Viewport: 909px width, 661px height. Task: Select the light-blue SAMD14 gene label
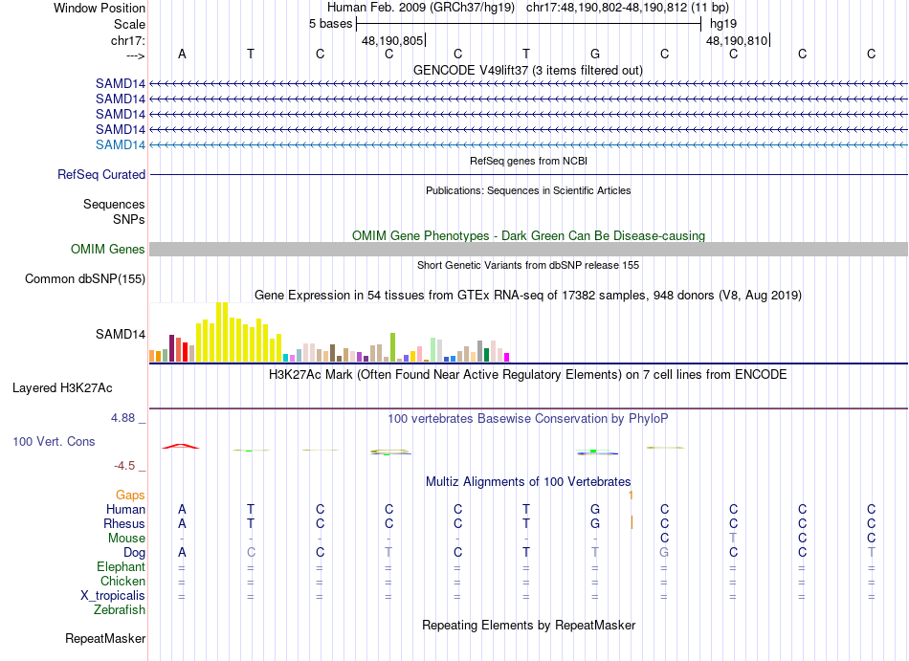click(x=121, y=144)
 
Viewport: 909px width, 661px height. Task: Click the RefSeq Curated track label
click(x=101, y=175)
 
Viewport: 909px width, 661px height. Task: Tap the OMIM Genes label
click(x=108, y=250)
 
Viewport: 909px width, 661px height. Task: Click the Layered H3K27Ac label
click(x=62, y=388)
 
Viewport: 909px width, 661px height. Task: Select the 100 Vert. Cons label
click(x=55, y=442)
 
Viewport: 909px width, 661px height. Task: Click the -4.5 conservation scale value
click(x=126, y=466)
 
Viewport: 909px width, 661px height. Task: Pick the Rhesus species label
click(x=124, y=524)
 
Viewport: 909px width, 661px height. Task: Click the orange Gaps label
click(x=130, y=496)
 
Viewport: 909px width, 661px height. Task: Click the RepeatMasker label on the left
click(x=105, y=638)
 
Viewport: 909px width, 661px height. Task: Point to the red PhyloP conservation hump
click(x=181, y=446)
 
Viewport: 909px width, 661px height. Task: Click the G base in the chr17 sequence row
click(x=595, y=54)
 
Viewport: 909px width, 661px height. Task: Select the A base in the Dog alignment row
click(x=182, y=553)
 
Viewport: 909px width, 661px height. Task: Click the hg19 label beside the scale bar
click(x=722, y=23)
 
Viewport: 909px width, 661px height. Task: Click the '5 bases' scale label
click(x=330, y=23)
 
